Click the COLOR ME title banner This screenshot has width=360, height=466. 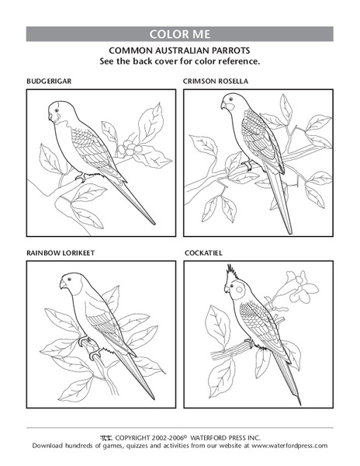pyautogui.click(x=180, y=34)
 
